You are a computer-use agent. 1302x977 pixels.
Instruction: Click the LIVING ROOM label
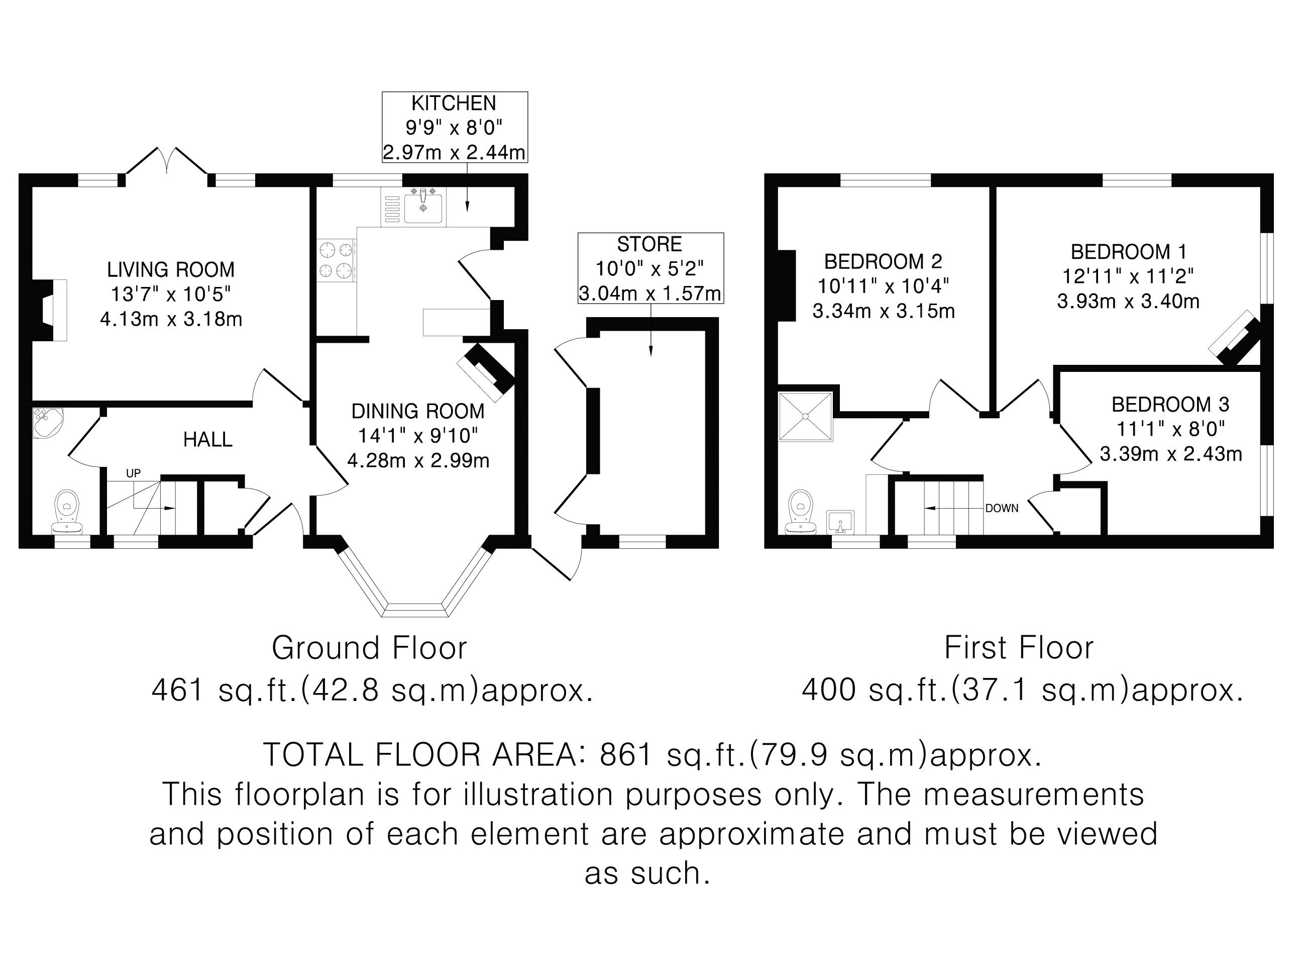coord(171,270)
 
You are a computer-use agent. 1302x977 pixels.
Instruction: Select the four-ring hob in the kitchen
coord(337,260)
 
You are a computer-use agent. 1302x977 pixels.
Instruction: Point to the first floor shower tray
coord(806,416)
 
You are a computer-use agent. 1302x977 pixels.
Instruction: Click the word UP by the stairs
coord(134,473)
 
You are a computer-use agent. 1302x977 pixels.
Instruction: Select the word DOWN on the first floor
coord(1002,508)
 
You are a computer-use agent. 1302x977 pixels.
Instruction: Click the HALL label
coord(208,439)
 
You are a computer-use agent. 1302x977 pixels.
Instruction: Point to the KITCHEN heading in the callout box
coord(454,103)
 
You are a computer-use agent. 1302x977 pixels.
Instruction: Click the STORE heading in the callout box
coord(650,244)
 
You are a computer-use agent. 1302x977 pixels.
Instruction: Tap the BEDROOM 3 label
coord(1170,404)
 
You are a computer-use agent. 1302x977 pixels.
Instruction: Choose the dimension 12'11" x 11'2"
coord(1128,276)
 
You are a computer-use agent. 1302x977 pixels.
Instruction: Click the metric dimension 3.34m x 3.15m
coord(884,311)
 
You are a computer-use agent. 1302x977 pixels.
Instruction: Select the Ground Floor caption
coord(369,648)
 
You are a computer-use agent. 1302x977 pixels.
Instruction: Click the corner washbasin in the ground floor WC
coord(46,422)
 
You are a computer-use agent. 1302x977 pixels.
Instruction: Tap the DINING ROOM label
coord(418,411)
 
